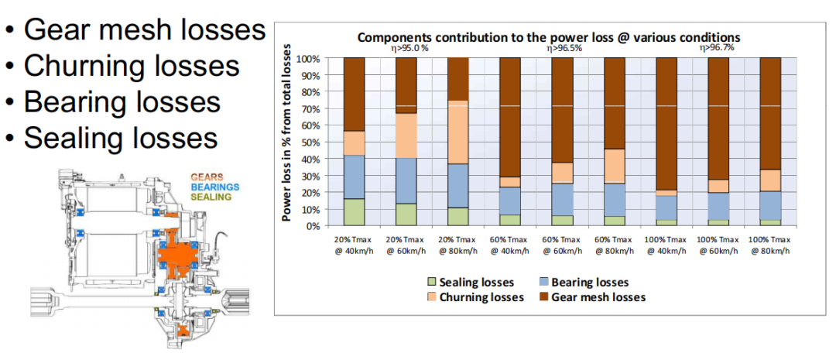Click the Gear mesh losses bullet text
point(144,30)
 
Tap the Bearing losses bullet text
point(122,101)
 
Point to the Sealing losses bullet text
point(120,137)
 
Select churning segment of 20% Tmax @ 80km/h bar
point(457,132)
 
